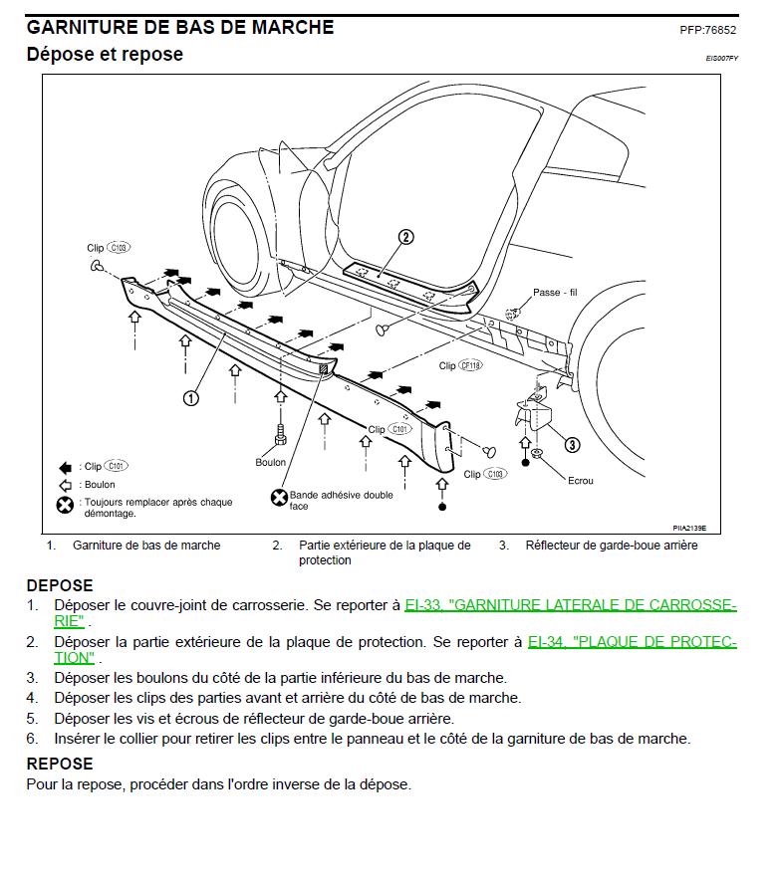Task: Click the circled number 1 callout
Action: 190,397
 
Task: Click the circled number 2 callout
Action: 405,237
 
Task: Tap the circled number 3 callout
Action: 572,445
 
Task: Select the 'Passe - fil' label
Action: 555,293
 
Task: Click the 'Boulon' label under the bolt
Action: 270,462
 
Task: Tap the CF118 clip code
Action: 471,366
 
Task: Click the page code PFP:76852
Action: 707,30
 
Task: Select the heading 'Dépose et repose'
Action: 105,55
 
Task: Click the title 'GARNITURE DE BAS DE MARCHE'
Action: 180,27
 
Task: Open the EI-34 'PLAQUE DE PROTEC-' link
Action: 632,642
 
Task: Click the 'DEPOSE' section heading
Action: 60,585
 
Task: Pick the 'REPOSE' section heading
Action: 60,764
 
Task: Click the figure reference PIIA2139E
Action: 694,528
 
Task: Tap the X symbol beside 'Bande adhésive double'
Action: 279,497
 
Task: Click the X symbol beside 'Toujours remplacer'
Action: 65,506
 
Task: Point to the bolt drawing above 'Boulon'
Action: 281,435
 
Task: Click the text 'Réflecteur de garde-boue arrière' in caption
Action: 612,546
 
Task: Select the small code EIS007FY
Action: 721,59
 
